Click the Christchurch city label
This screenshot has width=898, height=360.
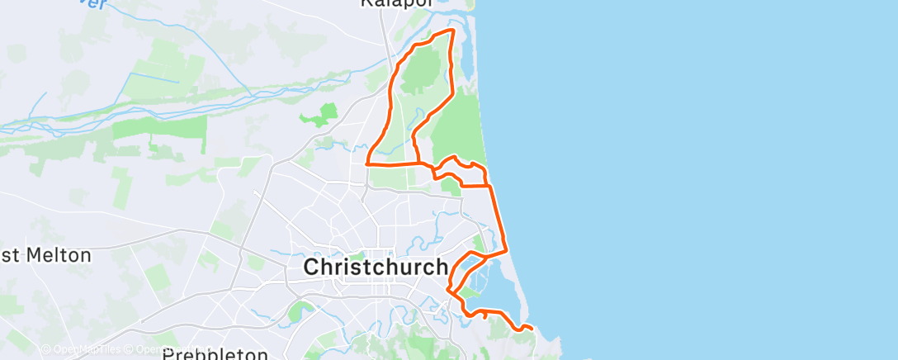[x=376, y=268]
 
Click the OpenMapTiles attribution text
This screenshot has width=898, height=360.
[x=87, y=349]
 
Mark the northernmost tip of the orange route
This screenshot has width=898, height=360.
[x=451, y=30]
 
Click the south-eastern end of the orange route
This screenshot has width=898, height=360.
[x=532, y=329]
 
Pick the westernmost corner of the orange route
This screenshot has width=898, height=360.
[x=366, y=164]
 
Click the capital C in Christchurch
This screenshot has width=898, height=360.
[x=314, y=268]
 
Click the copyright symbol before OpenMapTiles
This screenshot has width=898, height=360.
[x=46, y=349]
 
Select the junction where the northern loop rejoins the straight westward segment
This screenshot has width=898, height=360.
[x=416, y=163]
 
